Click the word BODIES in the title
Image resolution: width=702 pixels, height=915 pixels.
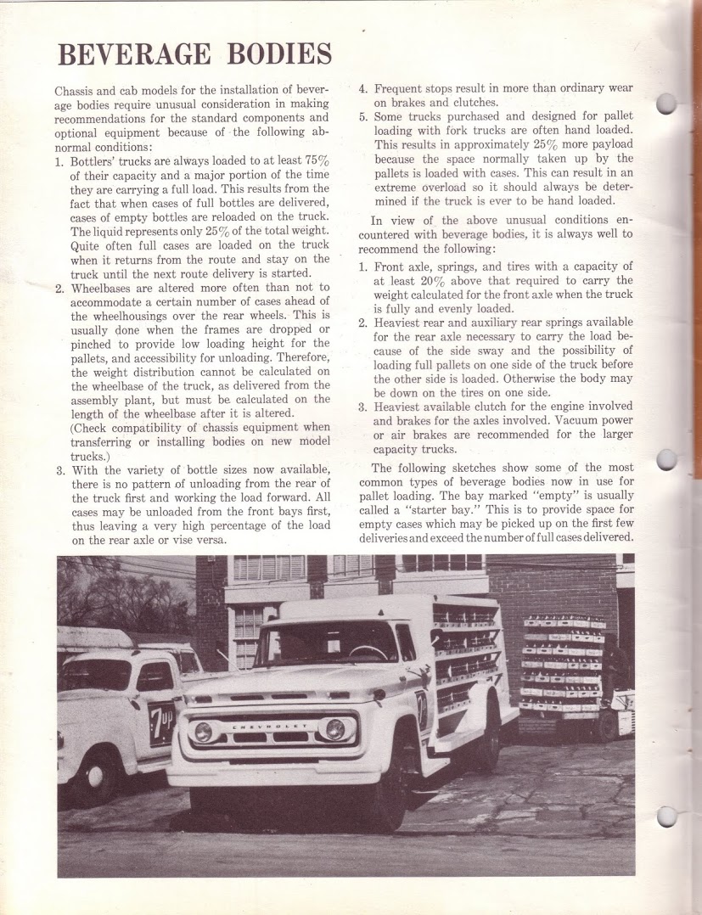click(x=279, y=55)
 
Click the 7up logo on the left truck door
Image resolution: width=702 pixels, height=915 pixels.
click(x=160, y=722)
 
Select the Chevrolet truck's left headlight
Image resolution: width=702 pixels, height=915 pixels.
click(x=204, y=732)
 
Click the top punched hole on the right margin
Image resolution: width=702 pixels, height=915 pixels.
click(x=668, y=104)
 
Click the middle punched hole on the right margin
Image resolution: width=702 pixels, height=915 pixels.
click(x=668, y=459)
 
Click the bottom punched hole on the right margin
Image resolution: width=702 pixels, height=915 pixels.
click(x=668, y=816)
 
